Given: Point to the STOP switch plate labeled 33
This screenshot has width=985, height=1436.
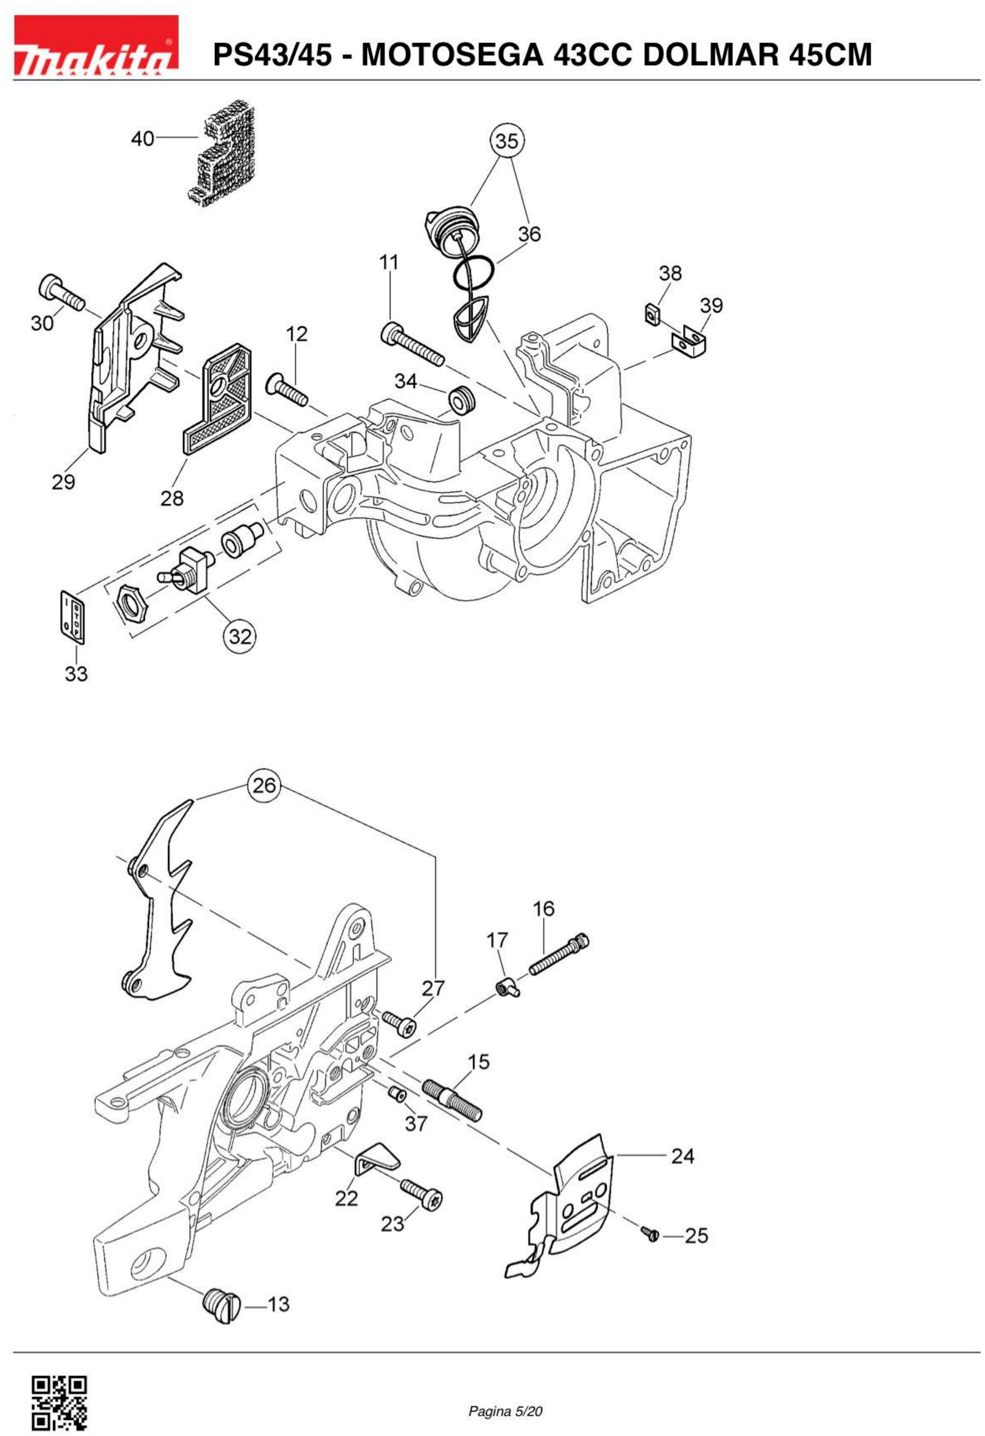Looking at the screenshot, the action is [72, 615].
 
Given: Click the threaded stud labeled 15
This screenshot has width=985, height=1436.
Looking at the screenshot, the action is [452, 1100].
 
